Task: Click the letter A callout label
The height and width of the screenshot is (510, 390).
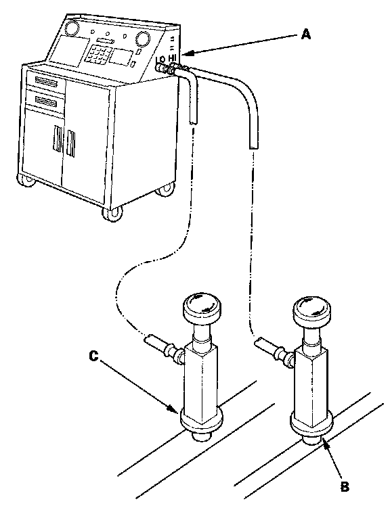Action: click(305, 34)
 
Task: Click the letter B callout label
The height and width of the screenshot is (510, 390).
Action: click(345, 486)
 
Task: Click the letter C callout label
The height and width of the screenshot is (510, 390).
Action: click(93, 356)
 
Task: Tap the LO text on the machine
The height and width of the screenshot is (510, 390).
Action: click(160, 60)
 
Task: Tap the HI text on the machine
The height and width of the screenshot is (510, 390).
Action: click(172, 58)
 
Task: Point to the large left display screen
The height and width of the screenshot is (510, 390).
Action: click(68, 51)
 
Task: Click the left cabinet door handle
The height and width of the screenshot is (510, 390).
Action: click(58, 139)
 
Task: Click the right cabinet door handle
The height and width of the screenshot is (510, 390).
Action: click(70, 143)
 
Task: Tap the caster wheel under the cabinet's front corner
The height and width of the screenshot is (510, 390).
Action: click(112, 213)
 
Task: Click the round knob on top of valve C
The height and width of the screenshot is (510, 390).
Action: click(202, 306)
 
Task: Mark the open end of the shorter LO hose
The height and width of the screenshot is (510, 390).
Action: click(194, 122)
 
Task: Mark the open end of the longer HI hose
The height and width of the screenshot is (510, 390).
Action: click(254, 147)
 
